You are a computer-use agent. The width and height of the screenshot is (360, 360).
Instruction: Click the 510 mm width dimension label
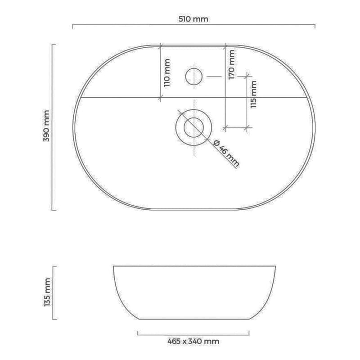[193, 19]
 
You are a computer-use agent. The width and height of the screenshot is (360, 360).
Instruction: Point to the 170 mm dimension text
[232, 64]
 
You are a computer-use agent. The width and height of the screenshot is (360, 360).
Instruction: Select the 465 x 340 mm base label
[193, 342]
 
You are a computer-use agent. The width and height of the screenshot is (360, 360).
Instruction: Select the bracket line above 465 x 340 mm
[193, 333]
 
